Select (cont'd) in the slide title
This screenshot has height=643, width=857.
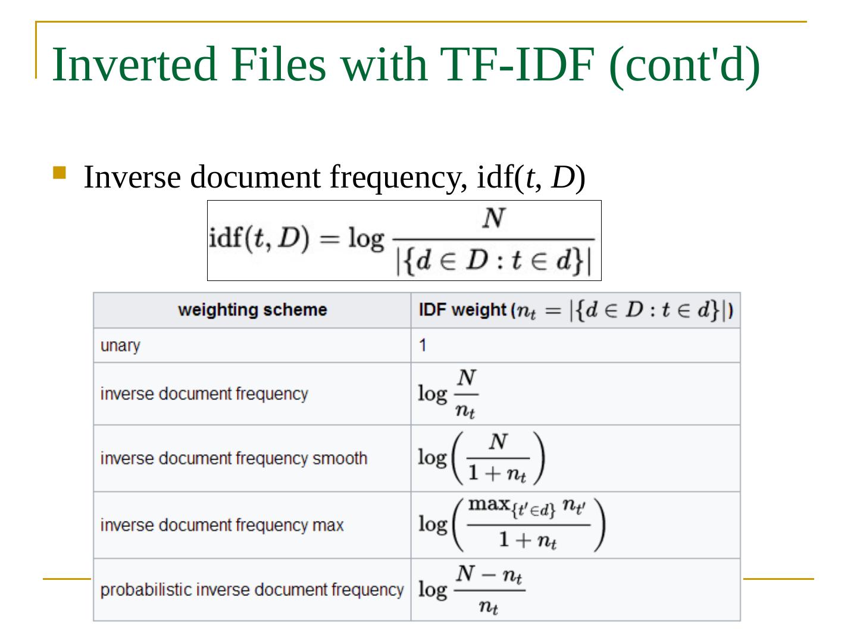click(684, 64)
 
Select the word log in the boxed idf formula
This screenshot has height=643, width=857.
click(365, 239)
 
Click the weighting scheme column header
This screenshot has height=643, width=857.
click(252, 310)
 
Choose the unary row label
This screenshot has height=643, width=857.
click(120, 346)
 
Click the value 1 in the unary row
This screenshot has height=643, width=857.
click(423, 345)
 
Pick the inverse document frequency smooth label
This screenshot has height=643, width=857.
click(234, 458)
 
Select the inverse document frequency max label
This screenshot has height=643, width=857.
click(222, 525)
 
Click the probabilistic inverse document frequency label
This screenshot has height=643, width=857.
click(252, 590)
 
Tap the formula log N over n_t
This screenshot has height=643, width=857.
click(448, 394)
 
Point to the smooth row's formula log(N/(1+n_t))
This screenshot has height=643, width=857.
click(481, 458)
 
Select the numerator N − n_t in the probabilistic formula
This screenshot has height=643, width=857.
click(489, 575)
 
